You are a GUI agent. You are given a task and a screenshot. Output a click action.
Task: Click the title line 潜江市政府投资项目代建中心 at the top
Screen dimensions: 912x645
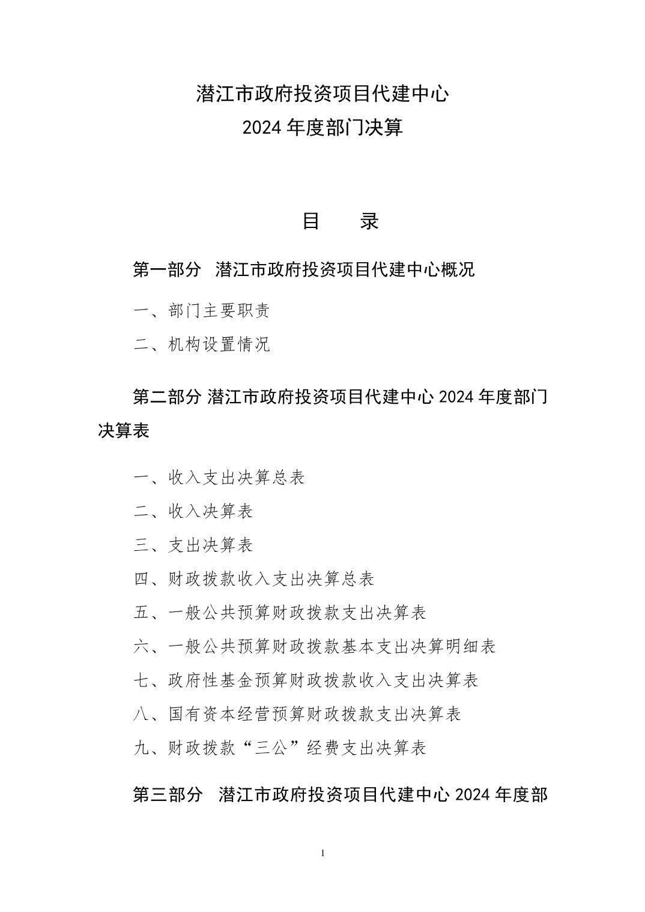point(322,94)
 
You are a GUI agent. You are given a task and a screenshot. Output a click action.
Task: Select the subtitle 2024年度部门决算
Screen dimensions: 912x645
point(322,128)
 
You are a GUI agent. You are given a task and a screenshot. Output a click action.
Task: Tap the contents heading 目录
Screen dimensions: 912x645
point(340,221)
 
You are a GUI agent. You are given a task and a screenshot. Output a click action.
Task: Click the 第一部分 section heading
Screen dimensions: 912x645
point(167,269)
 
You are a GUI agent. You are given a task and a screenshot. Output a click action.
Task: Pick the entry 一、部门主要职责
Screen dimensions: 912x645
point(202,310)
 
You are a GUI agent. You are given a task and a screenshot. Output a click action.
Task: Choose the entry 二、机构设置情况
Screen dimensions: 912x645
point(202,344)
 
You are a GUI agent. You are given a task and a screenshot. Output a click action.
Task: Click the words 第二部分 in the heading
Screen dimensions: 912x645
point(167,397)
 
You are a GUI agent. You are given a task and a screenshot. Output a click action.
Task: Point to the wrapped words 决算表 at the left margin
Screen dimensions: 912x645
point(123,430)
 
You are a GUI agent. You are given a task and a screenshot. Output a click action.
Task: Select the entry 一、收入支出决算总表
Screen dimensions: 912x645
point(219,478)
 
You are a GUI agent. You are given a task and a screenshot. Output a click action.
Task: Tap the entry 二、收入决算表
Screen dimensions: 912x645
point(193,511)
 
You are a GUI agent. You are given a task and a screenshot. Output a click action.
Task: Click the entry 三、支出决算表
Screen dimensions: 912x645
point(193,545)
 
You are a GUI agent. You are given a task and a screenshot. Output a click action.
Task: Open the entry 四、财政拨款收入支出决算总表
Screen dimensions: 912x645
point(254,579)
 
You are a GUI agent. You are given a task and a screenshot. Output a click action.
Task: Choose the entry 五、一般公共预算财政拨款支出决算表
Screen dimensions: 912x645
point(280,613)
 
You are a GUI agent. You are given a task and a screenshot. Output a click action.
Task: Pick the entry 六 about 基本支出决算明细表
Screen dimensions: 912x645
point(315,646)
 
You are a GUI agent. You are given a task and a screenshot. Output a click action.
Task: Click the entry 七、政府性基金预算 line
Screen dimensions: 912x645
point(306,680)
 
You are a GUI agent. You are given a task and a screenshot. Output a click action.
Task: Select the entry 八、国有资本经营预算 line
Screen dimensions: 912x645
point(297,714)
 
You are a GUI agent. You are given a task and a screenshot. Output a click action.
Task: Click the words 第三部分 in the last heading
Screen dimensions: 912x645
point(167,795)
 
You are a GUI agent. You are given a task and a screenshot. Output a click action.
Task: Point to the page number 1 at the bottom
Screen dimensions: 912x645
point(323,853)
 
